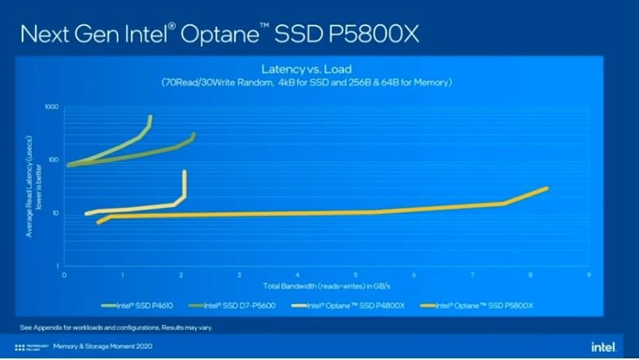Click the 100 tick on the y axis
coord(54,159)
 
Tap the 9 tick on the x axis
coord(588,275)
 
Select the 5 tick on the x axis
coord(356,275)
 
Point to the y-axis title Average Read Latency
coord(33,187)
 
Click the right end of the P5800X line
coord(546,189)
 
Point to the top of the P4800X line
coord(185,171)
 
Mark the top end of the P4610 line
coord(150,117)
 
